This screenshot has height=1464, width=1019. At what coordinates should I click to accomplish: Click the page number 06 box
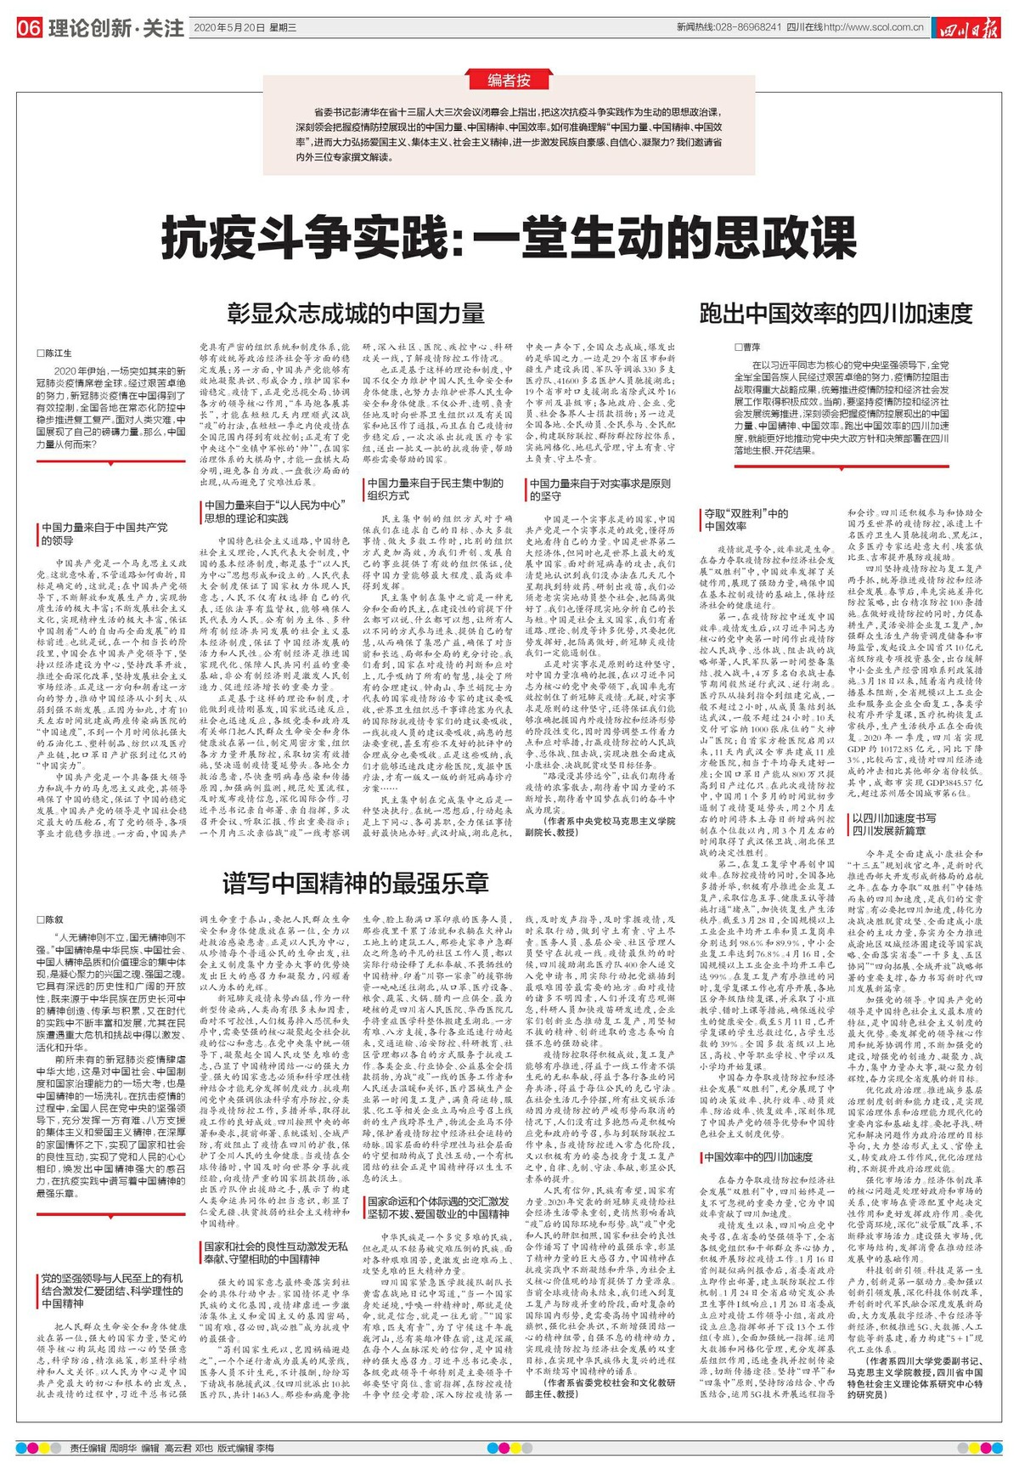[29, 28]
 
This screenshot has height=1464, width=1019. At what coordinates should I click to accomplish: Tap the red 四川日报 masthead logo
[968, 29]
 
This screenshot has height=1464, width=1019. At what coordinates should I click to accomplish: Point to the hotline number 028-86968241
[745, 27]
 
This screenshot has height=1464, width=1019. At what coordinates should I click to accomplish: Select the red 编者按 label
[509, 81]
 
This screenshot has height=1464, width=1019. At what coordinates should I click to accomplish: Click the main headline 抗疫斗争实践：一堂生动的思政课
[509, 237]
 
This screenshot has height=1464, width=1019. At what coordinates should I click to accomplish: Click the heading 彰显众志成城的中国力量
[356, 313]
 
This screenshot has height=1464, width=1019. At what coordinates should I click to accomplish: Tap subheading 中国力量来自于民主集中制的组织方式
[434, 489]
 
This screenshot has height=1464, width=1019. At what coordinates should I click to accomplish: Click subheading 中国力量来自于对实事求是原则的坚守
[600, 489]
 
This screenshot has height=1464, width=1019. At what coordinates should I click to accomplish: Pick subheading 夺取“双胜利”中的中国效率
[746, 519]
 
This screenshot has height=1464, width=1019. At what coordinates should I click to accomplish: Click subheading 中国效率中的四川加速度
[758, 1156]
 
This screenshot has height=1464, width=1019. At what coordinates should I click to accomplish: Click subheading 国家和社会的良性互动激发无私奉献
[275, 1252]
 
